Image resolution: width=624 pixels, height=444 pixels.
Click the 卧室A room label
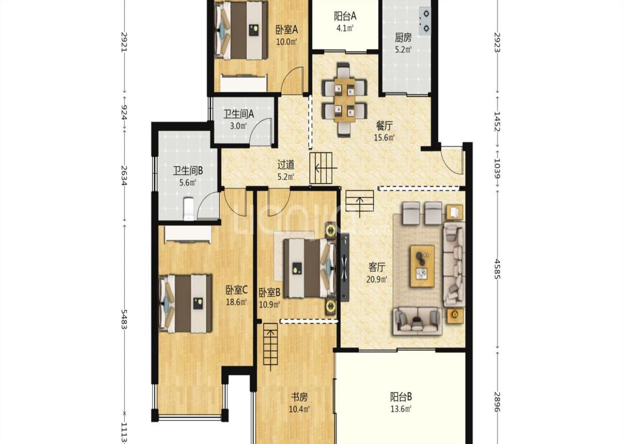[287, 30]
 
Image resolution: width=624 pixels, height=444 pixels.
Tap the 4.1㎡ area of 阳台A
[344, 28]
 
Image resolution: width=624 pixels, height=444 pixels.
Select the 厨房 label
[403, 38]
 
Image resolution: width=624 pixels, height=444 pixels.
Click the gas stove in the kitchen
[425, 21]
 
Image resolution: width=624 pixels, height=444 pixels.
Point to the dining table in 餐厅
[344, 99]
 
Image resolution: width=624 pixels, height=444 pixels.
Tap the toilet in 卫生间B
[189, 209]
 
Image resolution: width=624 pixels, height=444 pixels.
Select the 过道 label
[286, 164]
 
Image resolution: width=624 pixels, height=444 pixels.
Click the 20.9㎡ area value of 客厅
[377, 279]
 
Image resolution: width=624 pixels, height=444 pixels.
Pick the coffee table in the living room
[422, 266]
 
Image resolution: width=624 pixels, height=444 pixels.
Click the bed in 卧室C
[185, 304]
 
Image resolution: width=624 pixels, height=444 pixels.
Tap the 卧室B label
[270, 293]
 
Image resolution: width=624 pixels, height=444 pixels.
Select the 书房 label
[300, 397]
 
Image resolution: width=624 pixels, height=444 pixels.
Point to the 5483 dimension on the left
[124, 319]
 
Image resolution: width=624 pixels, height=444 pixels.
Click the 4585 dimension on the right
[498, 269]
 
